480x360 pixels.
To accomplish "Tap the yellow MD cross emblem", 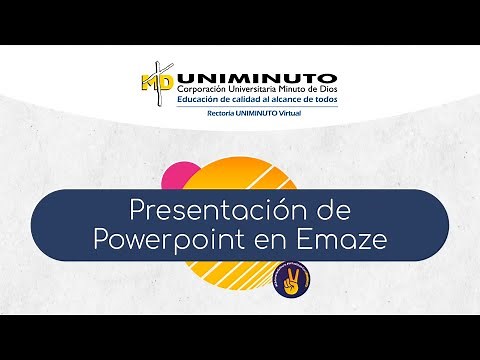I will tap(157, 86).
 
